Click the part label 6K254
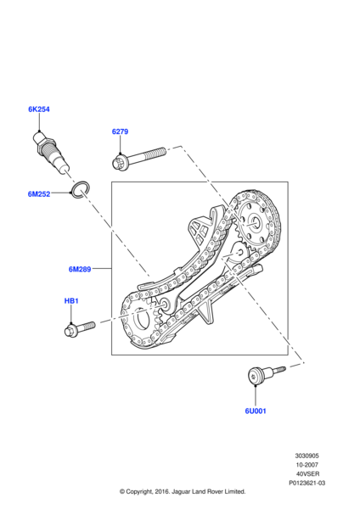click(x=39, y=109)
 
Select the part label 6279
click(x=120, y=131)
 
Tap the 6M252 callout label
click(x=39, y=194)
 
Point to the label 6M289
click(x=80, y=269)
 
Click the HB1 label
click(x=71, y=301)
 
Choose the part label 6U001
click(x=256, y=411)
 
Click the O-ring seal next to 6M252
click(x=80, y=189)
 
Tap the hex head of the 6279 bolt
click(x=119, y=163)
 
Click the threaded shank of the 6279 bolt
click(x=147, y=155)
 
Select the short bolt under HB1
click(x=80, y=328)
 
